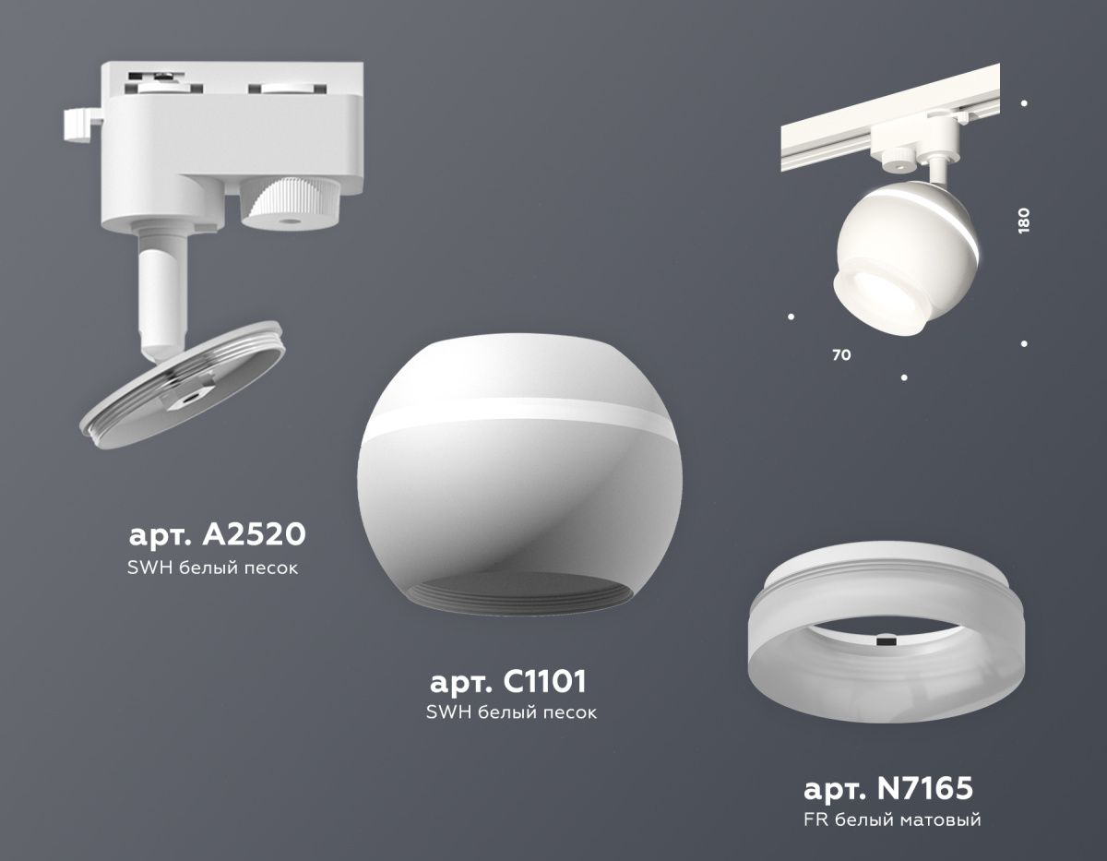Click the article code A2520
254,535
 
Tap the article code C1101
544,682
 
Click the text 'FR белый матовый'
892,834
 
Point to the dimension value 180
1023,221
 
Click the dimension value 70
841,355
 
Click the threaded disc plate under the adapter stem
182,385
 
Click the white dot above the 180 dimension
1024,103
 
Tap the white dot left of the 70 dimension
791,317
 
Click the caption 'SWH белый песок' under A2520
212,568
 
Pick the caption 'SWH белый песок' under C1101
511,712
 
